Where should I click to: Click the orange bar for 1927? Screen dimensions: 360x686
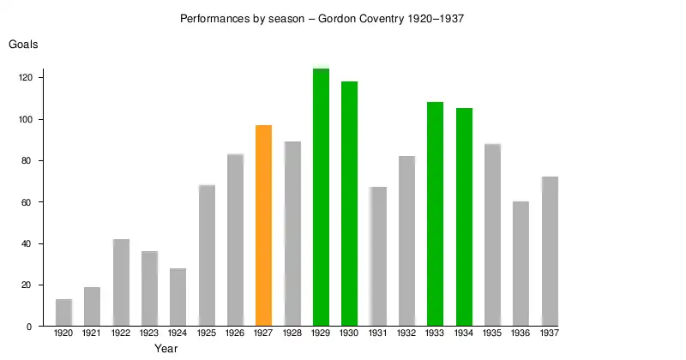(x=263, y=225)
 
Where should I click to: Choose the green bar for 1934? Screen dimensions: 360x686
(x=464, y=217)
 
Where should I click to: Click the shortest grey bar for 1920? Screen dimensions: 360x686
(x=63, y=313)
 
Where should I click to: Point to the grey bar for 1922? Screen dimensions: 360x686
(x=121, y=283)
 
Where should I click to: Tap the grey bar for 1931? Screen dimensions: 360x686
(x=378, y=256)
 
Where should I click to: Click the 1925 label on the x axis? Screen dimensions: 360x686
(x=206, y=333)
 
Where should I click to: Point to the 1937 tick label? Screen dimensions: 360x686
(x=550, y=333)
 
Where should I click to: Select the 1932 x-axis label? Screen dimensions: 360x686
(x=406, y=333)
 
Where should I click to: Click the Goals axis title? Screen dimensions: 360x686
(x=23, y=45)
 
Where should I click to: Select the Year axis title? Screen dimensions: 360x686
(x=165, y=349)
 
